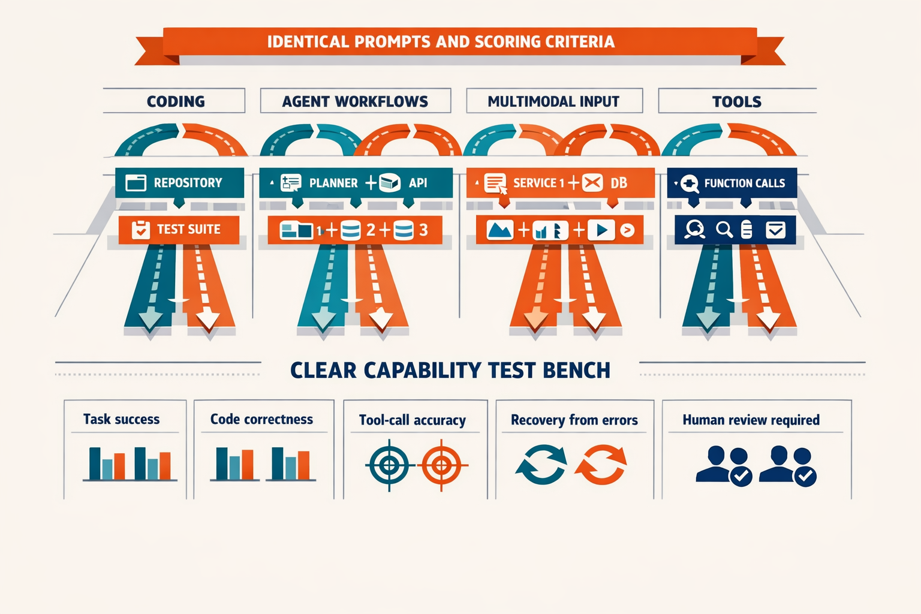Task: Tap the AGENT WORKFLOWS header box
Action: pyautogui.click(x=355, y=101)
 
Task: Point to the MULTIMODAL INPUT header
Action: pyautogui.click(x=554, y=101)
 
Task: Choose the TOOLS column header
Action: pyautogui.click(x=737, y=101)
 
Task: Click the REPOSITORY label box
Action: pyautogui.click(x=180, y=183)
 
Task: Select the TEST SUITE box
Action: pyautogui.click(x=179, y=230)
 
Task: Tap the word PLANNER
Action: pyautogui.click(x=333, y=183)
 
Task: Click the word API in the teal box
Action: pyautogui.click(x=418, y=183)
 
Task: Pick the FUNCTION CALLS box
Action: pyautogui.click(x=732, y=183)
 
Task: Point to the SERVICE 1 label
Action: pyautogui.click(x=538, y=183)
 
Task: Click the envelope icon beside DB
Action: pyautogui.click(x=592, y=183)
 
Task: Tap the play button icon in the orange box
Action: pyautogui.click(x=601, y=230)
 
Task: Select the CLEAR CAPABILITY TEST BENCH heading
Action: pyautogui.click(x=450, y=370)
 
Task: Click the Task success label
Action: pyautogui.click(x=122, y=419)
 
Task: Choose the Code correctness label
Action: pyautogui.click(x=261, y=419)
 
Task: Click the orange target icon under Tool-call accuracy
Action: pyautogui.click(x=442, y=465)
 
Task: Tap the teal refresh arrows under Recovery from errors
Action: pyautogui.click(x=541, y=465)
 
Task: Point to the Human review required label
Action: pyautogui.click(x=751, y=420)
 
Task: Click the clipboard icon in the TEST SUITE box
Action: pyautogui.click(x=141, y=230)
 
